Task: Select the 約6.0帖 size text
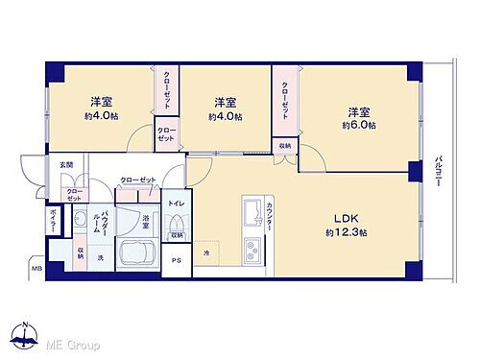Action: tap(362, 126)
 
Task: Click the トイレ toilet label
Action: tap(177, 204)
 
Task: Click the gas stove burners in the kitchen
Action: tap(253, 251)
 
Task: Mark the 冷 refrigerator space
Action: tap(205, 253)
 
